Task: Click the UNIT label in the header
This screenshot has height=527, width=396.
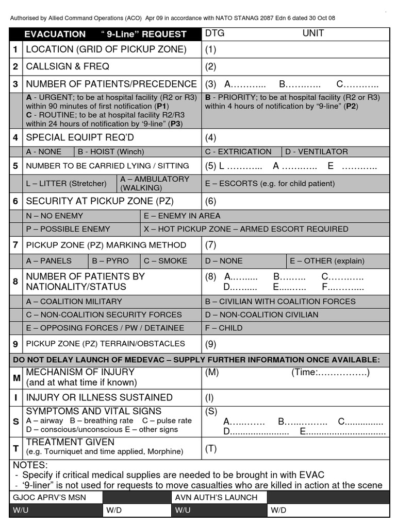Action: [313, 33]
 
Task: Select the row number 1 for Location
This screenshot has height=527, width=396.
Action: [15, 49]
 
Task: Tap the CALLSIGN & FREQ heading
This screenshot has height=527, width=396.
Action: [68, 66]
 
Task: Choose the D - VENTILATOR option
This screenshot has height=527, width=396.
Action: [317, 152]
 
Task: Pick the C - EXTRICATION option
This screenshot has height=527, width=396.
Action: [238, 152]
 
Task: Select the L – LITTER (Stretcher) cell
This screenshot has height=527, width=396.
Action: [66, 183]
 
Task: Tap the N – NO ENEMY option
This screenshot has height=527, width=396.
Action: [54, 216]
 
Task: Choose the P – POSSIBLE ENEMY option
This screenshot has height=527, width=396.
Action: [68, 229]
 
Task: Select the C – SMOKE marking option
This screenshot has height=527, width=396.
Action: [166, 261]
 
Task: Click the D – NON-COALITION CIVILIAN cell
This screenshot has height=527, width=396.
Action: [261, 314]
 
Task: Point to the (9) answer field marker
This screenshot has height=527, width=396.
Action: [211, 344]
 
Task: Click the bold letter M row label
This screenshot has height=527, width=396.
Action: [16, 378]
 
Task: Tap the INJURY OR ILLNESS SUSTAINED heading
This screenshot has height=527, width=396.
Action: [99, 397]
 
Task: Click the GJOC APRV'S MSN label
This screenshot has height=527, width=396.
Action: [49, 497]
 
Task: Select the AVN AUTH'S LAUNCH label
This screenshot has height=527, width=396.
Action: [216, 497]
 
